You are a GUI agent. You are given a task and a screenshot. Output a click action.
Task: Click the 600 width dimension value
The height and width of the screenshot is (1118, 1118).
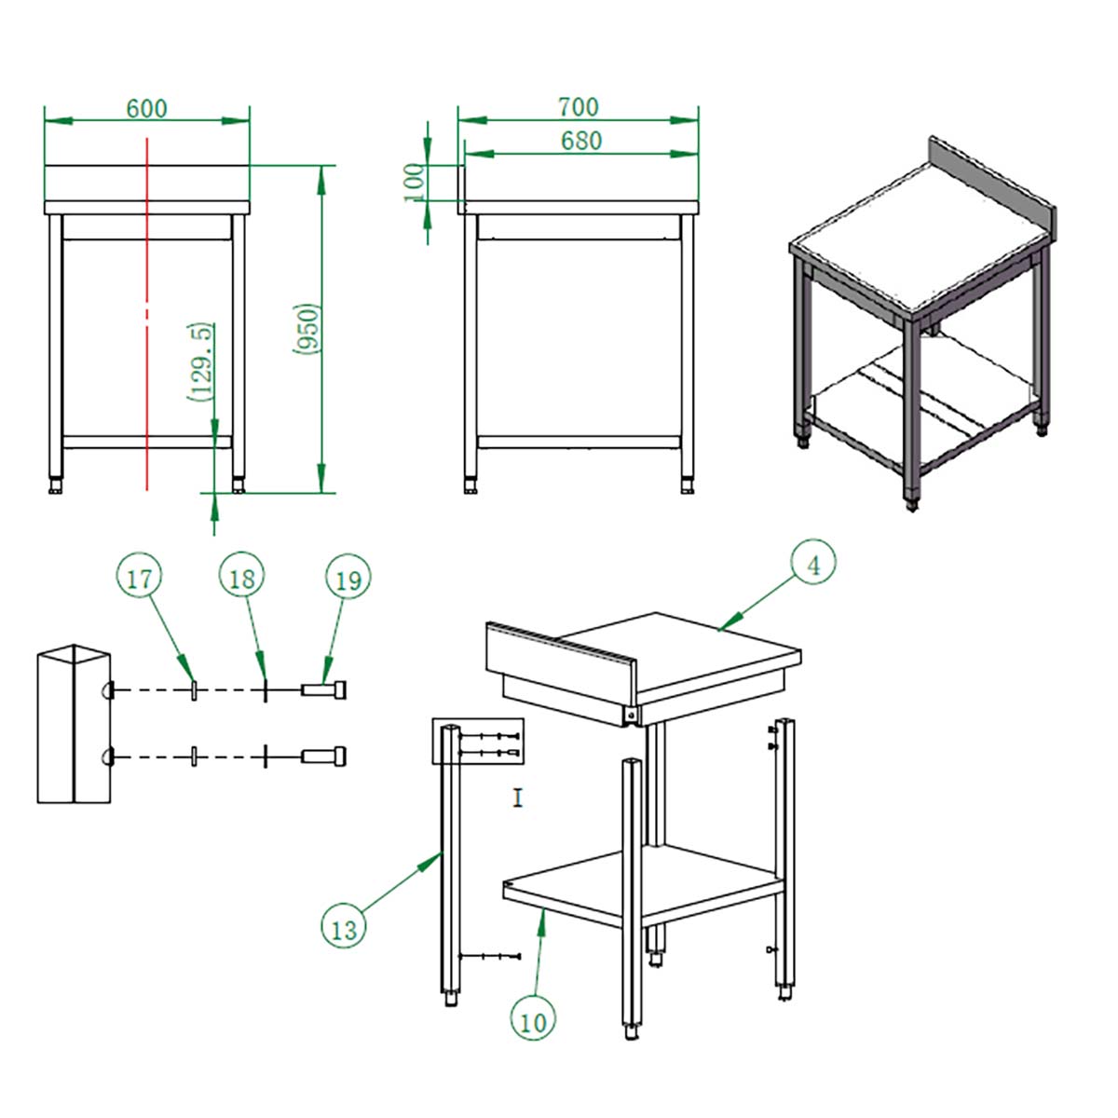click(147, 108)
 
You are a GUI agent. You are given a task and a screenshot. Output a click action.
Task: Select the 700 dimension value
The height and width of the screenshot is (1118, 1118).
click(578, 107)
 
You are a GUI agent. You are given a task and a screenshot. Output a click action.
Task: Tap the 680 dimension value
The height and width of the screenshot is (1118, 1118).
click(580, 141)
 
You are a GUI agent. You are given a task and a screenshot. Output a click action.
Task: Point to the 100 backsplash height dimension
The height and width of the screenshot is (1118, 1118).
click(415, 183)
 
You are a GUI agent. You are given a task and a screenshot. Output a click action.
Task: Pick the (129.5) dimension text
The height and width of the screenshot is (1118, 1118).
click(200, 362)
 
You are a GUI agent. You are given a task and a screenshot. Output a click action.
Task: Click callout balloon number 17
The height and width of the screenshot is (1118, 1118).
click(139, 579)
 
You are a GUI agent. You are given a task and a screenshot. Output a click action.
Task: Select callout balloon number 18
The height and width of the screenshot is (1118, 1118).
click(242, 578)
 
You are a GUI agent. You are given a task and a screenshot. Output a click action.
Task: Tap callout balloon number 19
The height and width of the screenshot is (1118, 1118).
click(348, 579)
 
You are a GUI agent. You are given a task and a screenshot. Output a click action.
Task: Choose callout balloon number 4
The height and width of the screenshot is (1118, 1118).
click(813, 566)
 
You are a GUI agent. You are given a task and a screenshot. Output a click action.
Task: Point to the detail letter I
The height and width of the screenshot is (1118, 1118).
click(518, 798)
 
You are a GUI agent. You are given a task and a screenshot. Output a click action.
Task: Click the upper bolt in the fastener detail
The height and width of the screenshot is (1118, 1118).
click(323, 690)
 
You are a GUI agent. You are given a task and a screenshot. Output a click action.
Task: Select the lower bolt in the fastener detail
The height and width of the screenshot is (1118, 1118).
click(323, 756)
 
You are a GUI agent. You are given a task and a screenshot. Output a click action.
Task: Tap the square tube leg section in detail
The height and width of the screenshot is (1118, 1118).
click(74, 724)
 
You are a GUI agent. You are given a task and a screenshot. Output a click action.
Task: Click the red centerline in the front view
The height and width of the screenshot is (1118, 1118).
click(147, 314)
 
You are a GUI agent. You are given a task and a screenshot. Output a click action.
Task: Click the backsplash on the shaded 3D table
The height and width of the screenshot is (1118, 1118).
click(992, 185)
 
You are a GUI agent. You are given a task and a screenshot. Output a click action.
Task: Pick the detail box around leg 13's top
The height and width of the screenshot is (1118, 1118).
click(478, 741)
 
